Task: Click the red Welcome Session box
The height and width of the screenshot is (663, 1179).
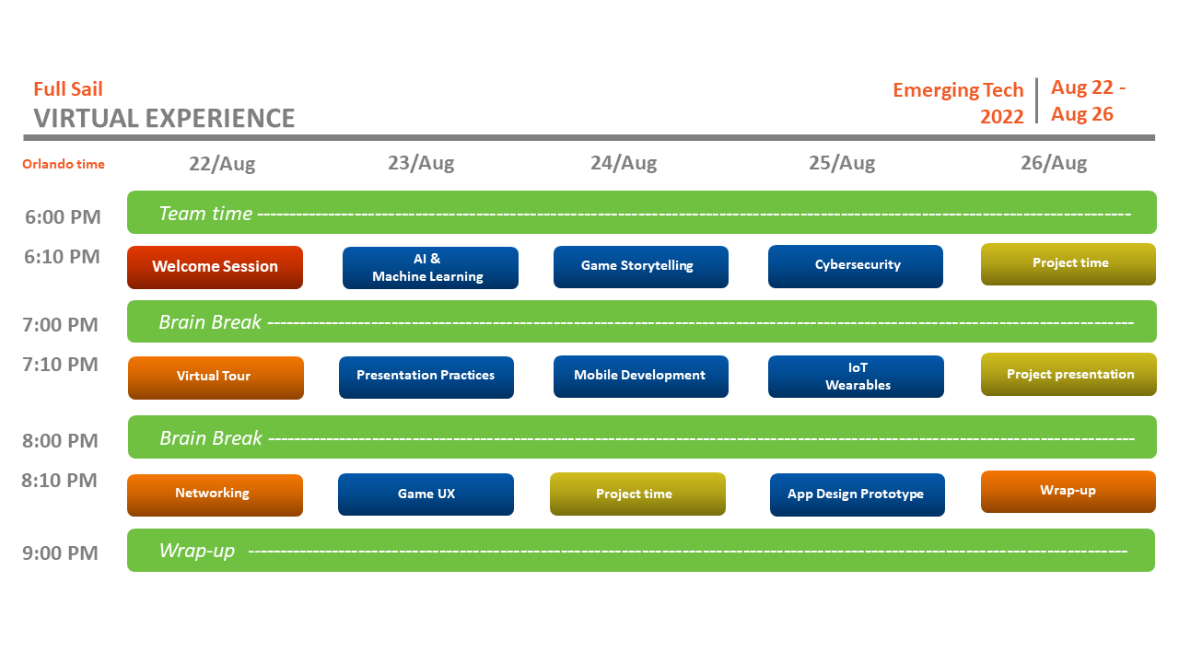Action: click(x=215, y=267)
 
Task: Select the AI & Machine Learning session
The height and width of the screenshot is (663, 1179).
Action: click(x=430, y=268)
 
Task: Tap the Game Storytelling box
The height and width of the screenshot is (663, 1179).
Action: click(x=640, y=266)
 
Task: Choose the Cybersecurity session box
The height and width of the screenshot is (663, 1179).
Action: click(x=856, y=266)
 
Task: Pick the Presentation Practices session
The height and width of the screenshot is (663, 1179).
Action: click(x=426, y=377)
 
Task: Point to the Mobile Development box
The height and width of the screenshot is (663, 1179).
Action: click(x=640, y=377)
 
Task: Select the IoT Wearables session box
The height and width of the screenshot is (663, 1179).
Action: click(x=856, y=377)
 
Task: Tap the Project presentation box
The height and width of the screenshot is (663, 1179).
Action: click(x=1069, y=375)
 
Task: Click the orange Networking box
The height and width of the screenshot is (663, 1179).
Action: click(x=215, y=494)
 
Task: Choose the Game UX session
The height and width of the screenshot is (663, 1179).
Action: click(x=426, y=494)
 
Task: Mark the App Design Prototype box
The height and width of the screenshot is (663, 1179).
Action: click(x=857, y=494)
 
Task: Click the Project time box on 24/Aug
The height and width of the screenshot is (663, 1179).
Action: click(x=637, y=494)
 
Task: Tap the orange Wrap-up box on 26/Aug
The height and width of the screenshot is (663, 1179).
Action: click(x=1068, y=491)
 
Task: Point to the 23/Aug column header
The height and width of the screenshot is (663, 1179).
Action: click(x=421, y=164)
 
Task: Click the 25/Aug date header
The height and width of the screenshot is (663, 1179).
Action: click(x=842, y=164)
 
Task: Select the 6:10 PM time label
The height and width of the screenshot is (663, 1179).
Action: click(x=62, y=257)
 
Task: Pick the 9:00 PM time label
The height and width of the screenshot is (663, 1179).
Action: click(x=60, y=553)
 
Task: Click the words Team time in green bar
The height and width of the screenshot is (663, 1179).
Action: click(x=205, y=214)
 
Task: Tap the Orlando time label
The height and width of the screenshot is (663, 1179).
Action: click(x=64, y=165)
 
